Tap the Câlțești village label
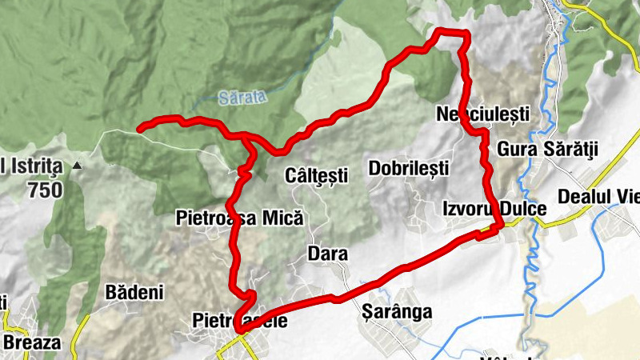point(317,174)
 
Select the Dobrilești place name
point(409,168)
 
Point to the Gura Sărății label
point(548,149)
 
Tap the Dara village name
point(327,254)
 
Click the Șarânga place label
point(397,311)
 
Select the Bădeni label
point(134,291)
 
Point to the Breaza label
point(32,342)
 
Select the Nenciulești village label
point(483,114)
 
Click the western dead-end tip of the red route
point(141,127)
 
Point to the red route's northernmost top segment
point(450,32)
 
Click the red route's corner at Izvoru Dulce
point(499,226)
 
